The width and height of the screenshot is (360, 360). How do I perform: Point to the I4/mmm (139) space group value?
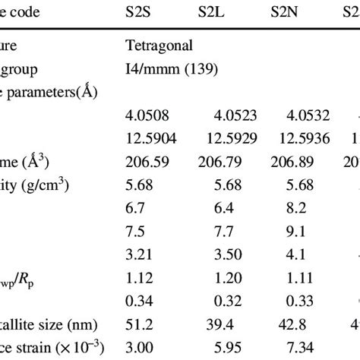(172, 69)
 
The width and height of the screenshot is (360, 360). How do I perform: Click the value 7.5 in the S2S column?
(137, 231)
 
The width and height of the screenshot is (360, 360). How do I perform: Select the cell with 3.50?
(227, 254)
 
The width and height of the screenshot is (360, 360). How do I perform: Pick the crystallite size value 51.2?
(141, 325)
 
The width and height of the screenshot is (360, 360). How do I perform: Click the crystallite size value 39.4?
(227, 325)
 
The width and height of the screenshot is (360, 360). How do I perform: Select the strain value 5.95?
(227, 348)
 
